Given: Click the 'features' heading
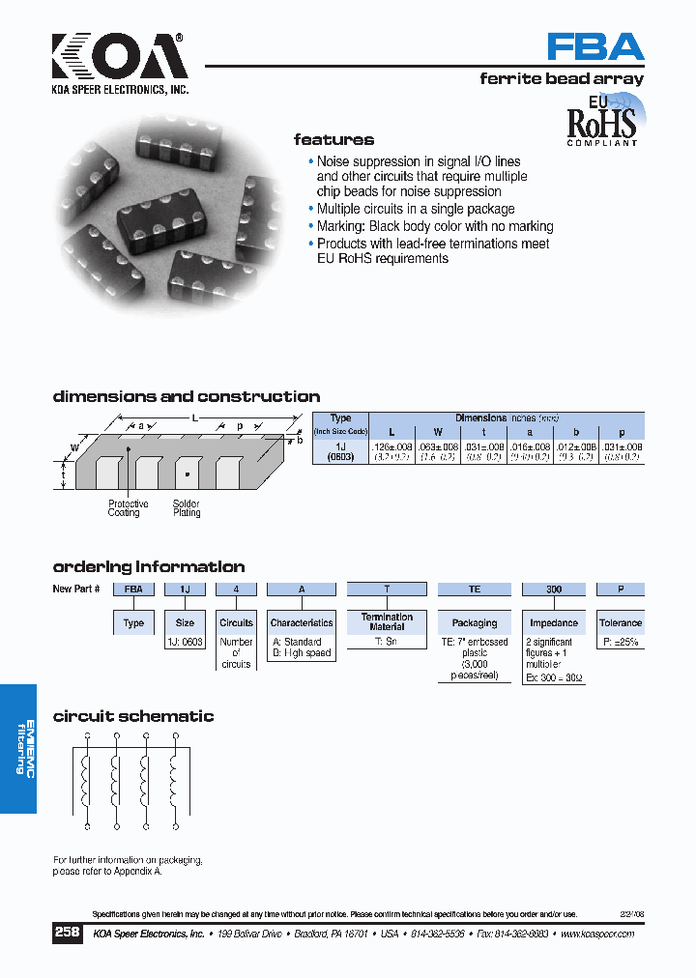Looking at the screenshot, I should click(x=333, y=139).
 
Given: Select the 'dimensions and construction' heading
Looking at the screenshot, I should click(x=187, y=396).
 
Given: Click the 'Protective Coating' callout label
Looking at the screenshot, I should click(x=128, y=508).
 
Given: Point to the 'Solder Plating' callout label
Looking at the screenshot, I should click(x=187, y=508).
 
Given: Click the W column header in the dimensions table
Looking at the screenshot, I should click(x=437, y=431).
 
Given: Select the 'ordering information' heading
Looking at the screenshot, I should click(x=149, y=567).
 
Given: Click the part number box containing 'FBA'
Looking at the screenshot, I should click(x=133, y=589).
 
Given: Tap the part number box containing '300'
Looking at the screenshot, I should click(x=553, y=589).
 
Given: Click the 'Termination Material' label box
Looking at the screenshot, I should click(x=387, y=621).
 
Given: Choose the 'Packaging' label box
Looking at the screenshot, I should click(x=475, y=623).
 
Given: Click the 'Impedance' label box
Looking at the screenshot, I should click(x=553, y=623).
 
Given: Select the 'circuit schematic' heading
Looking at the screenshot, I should click(x=133, y=716).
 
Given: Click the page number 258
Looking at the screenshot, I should click(x=67, y=934).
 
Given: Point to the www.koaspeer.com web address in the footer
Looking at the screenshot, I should click(x=596, y=935).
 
